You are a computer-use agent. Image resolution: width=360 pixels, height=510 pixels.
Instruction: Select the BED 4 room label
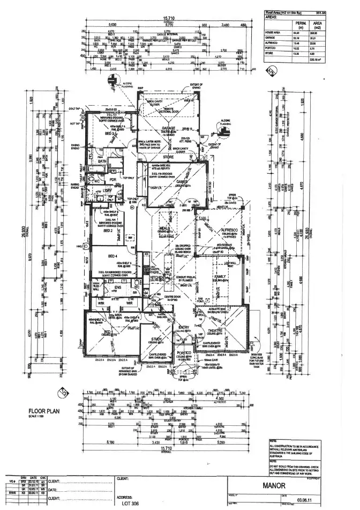coord(112,256)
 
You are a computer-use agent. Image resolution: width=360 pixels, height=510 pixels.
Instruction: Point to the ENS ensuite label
coord(117,287)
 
